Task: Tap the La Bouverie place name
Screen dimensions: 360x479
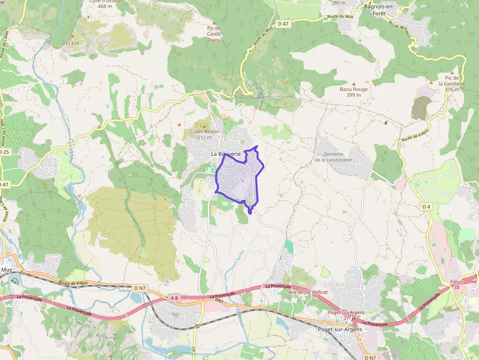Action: [226, 154]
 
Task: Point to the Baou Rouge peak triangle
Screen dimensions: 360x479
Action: [354, 84]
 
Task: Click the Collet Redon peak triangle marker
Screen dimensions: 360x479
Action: [204, 126]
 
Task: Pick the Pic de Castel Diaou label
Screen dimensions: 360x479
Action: [214, 34]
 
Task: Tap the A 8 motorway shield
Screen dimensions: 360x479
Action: [174, 297]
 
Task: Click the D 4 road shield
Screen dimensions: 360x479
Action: [426, 207]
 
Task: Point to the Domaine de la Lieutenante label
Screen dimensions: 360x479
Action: [333, 157]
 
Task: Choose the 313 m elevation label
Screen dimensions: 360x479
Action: [72, 43]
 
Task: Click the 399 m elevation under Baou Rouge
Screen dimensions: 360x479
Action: [353, 95]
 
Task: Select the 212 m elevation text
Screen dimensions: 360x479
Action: [204, 138]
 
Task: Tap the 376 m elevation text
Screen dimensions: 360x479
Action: [452, 90]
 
